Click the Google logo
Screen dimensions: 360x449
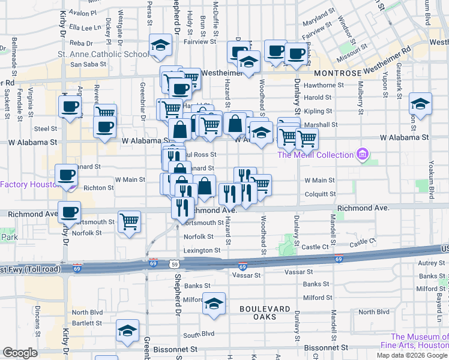[x=20, y=353]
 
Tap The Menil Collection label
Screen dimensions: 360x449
[x=315, y=155]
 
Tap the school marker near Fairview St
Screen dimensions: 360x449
[x=160, y=46]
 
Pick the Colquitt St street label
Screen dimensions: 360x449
[x=320, y=194]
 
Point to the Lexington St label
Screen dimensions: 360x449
[x=202, y=250]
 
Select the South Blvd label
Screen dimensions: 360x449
[x=199, y=334]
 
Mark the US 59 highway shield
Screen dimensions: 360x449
[x=174, y=263]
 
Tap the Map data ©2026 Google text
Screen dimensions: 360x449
[x=412, y=355]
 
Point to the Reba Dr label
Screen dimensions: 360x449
[x=80, y=43]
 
